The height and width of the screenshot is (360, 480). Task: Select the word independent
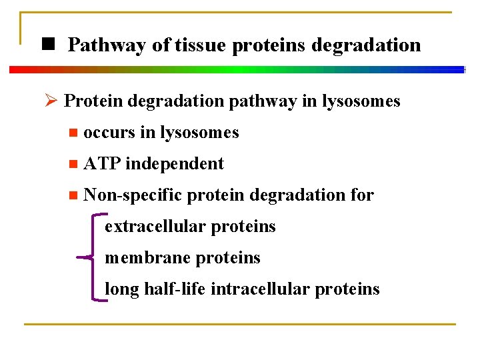click(175, 163)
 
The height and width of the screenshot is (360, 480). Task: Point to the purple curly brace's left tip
click(79, 257)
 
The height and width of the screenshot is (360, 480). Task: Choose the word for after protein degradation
click(361, 195)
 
